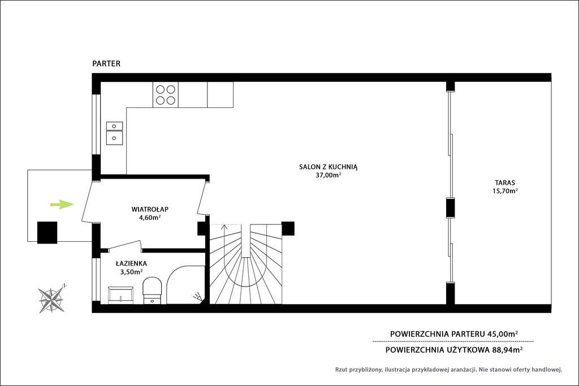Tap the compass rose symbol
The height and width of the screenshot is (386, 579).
click(51, 298)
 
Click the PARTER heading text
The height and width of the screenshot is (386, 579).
click(106, 64)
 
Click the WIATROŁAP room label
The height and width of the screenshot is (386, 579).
click(150, 209)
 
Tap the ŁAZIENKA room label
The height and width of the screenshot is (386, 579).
click(131, 263)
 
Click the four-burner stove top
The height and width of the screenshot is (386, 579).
click(165, 94)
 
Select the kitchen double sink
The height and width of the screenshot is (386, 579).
click(114, 131)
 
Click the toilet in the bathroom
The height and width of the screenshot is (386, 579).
click(152, 289)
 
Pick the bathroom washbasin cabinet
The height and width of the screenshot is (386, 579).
click(120, 294)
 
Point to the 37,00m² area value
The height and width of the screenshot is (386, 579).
click(329, 175)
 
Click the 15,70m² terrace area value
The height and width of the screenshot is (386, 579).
click(505, 191)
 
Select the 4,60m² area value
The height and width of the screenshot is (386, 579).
click(149, 217)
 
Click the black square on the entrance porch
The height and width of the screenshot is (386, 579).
click(47, 232)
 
